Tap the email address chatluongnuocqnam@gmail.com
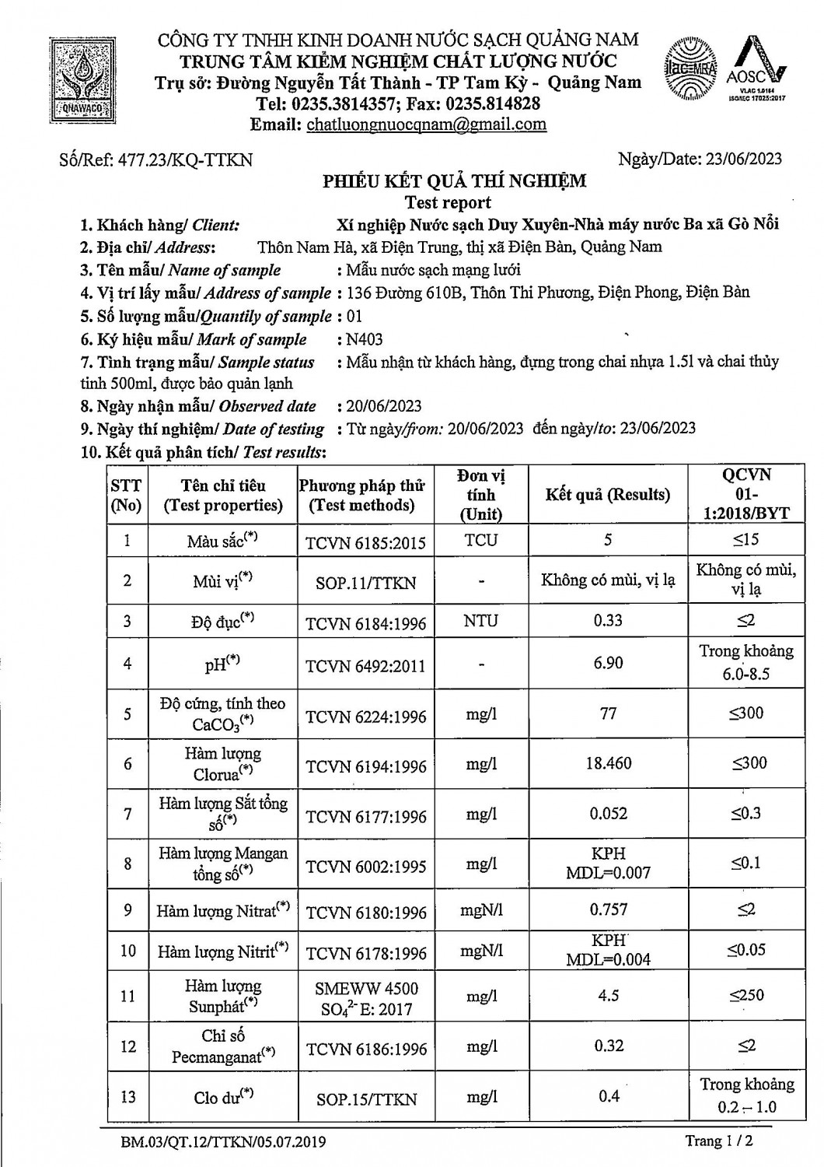point(426,124)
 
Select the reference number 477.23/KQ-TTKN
point(156,160)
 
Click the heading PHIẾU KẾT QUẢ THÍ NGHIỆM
point(455,182)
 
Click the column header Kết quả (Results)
point(607,495)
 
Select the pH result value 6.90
point(608,663)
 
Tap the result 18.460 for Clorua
point(608,763)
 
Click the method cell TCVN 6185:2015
point(365,542)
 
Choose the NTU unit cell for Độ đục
point(481,621)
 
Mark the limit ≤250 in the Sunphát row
point(745,995)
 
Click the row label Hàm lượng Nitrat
point(222,910)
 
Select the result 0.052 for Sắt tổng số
point(608,814)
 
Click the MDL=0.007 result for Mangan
point(608,873)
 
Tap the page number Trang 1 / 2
point(719,1141)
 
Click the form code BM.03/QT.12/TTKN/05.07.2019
point(223,1142)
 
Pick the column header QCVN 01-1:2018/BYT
point(745,494)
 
